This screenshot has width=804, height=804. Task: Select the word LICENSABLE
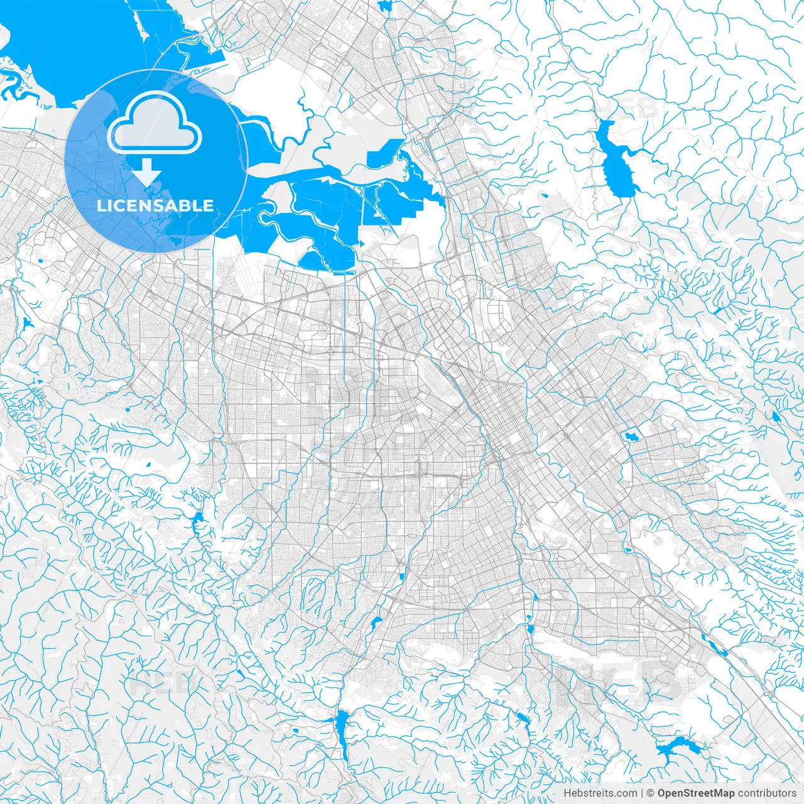click(155, 206)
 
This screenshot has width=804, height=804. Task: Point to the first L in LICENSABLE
click(101, 206)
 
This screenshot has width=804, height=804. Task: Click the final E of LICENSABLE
click(209, 206)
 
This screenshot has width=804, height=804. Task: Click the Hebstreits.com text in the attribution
click(600, 793)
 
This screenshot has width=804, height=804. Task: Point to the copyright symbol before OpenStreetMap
click(651, 793)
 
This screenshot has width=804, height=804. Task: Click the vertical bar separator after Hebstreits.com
click(641, 793)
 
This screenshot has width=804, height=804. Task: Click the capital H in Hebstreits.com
click(567, 793)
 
